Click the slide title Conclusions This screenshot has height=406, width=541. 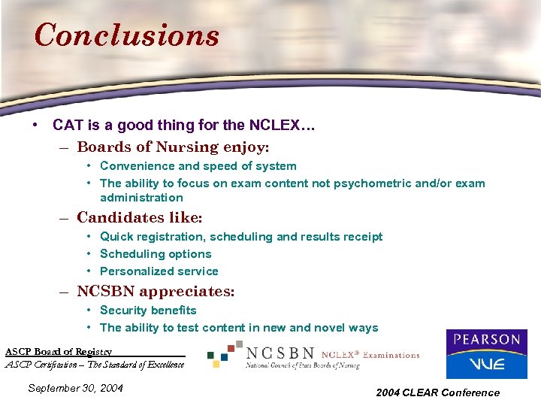click(x=126, y=35)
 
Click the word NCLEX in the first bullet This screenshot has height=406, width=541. click(x=279, y=126)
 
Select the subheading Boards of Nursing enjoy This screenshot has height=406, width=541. click(x=173, y=147)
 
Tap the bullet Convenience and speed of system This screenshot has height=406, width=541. click(x=198, y=166)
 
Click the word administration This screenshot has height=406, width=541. click(x=141, y=198)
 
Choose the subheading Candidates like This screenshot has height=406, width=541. click(x=140, y=218)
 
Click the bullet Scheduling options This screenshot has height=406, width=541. click(x=156, y=254)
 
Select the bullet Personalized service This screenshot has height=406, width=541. click(x=159, y=271)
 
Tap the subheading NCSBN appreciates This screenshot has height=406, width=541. click(x=156, y=291)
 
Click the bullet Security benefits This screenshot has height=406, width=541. click(x=148, y=311)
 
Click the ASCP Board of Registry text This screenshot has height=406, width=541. click(x=59, y=352)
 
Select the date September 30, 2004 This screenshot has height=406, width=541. click(x=74, y=388)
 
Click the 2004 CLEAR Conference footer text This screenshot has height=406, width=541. click(x=438, y=392)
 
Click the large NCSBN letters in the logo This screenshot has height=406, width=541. click(x=280, y=353)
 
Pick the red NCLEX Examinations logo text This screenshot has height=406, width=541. click(x=370, y=355)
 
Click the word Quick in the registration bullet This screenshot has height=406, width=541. click(x=116, y=237)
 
